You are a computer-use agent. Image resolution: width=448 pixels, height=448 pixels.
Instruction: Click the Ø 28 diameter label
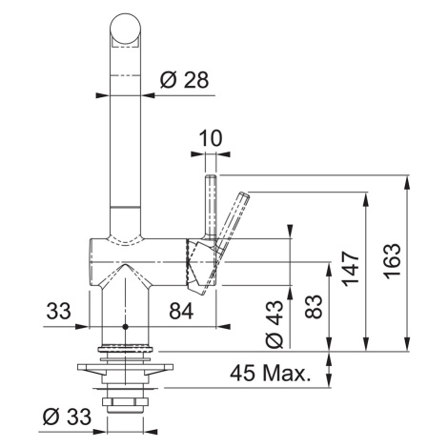tap(184, 79)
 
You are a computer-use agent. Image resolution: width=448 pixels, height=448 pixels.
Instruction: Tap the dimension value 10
tap(211, 138)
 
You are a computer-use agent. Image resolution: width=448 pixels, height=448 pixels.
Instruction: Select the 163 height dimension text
tap(392, 261)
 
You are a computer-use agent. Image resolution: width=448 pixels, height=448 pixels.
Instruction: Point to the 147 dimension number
tap(351, 269)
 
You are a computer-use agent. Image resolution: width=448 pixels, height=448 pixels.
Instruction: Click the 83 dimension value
tap(313, 307)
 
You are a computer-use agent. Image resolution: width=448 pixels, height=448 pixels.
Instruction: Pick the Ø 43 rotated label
tap(275, 324)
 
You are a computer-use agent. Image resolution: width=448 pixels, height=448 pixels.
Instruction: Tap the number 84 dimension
tap(181, 311)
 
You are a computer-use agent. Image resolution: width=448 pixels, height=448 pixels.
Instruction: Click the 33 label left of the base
tap(58, 311)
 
